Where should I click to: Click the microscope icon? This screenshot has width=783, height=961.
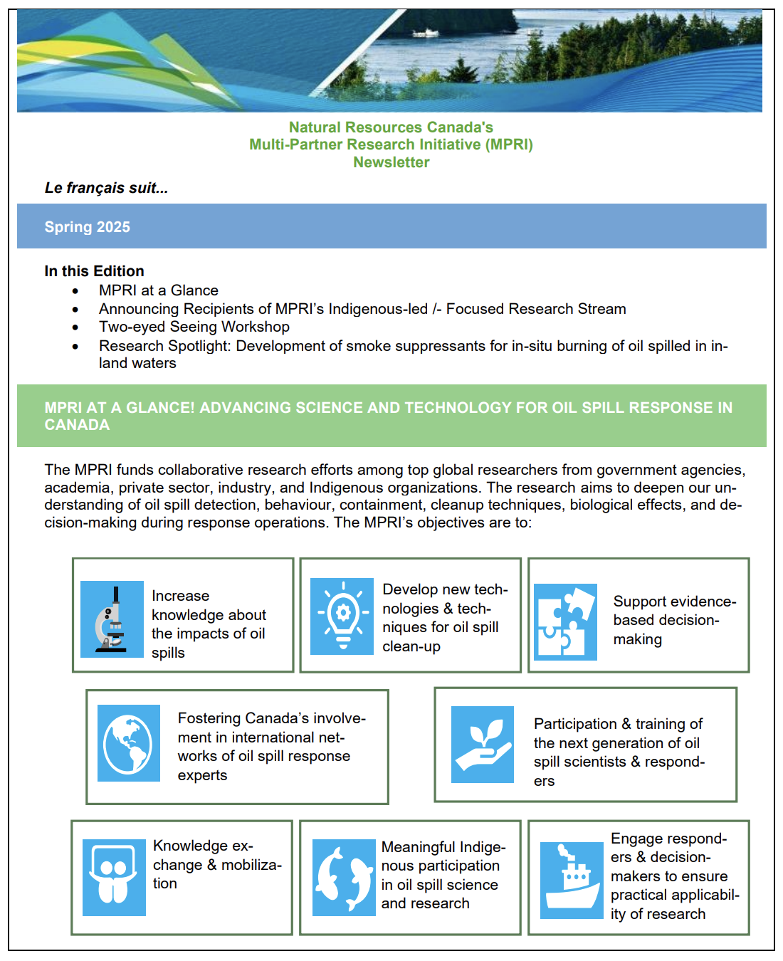pos(112,619)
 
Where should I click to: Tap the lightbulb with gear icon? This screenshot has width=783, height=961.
pos(342,616)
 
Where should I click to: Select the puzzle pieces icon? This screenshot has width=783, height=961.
pos(565,622)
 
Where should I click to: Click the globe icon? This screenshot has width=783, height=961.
pos(128,743)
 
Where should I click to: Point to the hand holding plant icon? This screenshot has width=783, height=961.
pos(482,745)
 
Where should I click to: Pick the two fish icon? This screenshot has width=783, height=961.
pos(344,878)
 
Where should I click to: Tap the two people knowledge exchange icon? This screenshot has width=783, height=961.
pos(114,878)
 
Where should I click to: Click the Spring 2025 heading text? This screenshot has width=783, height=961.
pos(87,227)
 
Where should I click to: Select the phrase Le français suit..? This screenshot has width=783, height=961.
pos(106,188)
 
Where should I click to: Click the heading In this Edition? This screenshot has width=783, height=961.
pos(94,271)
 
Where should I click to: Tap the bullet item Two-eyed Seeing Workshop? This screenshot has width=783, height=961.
pos(194,327)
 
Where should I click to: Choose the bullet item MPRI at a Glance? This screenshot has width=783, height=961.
pos(158,290)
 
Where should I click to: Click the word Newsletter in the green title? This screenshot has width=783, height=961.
pos(391,162)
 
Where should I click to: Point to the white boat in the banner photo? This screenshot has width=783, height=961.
pos(425,33)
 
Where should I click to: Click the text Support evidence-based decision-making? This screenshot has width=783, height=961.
pos(673,620)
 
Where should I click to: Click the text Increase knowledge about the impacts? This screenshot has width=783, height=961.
pos(208,624)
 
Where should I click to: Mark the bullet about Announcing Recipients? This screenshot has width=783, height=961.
pos(362,309)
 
